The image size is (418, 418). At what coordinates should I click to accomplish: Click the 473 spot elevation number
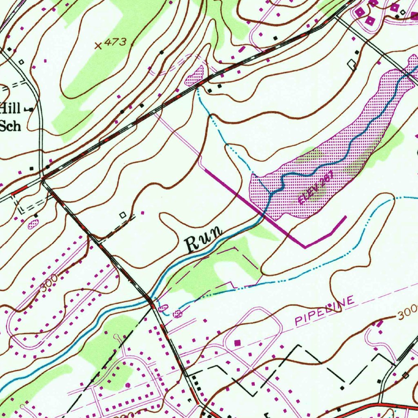(116, 42)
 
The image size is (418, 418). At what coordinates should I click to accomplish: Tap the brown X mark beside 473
(98, 46)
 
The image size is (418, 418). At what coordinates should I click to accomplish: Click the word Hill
(10, 109)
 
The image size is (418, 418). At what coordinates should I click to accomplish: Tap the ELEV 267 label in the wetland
(316, 187)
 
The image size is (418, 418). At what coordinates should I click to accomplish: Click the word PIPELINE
(324, 312)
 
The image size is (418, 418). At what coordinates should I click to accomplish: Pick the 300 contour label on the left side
(49, 282)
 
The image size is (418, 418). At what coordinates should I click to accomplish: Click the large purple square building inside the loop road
(238, 343)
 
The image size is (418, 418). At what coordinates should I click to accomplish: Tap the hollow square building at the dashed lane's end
(122, 215)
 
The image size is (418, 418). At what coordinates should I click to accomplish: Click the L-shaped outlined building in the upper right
(352, 64)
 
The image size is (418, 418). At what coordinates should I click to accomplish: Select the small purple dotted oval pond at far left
(33, 223)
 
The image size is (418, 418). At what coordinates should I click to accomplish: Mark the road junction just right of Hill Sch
(42, 178)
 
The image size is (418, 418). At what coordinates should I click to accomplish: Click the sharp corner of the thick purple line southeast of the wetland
(305, 247)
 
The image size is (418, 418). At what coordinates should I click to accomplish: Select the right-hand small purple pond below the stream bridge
(177, 313)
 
